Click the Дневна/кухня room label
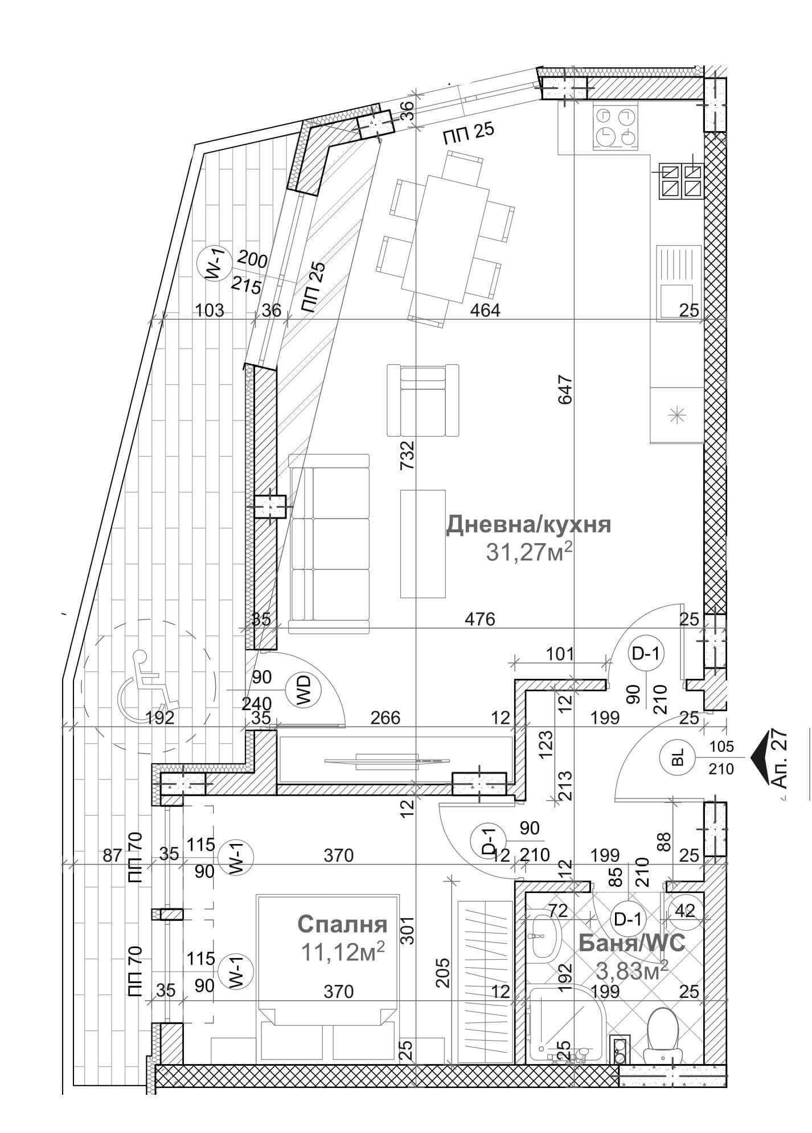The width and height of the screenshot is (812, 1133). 528,524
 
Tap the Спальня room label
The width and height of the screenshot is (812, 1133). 342,924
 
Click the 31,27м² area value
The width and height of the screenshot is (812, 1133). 529,552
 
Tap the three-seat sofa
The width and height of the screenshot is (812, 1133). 329,543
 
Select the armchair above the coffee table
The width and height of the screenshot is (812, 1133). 423,400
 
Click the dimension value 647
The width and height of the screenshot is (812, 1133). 565,390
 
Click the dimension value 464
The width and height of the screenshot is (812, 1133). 485,311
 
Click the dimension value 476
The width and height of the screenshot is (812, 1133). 479,619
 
